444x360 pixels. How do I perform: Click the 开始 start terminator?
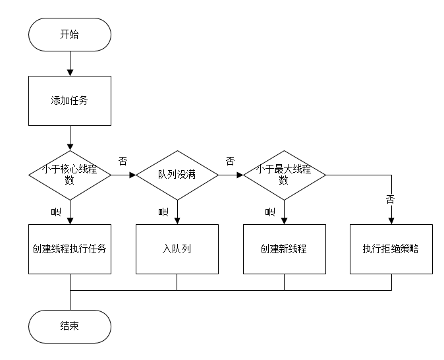pyautogui.click(x=70, y=34)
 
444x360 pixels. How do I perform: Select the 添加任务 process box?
pyautogui.click(x=70, y=101)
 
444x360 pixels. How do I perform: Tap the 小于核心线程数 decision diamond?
pyautogui.click(x=70, y=175)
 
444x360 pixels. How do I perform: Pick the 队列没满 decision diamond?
pyautogui.click(x=177, y=175)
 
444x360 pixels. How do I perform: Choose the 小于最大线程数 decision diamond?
pyautogui.click(x=285, y=175)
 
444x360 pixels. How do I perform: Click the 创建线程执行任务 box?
pyautogui.click(x=70, y=249)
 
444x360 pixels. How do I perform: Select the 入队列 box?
pyautogui.click(x=177, y=249)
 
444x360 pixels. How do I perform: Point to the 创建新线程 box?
pyautogui.click(x=285, y=249)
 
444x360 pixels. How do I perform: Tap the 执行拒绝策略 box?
pyautogui.click(x=391, y=249)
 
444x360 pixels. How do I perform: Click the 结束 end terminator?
pyautogui.click(x=70, y=326)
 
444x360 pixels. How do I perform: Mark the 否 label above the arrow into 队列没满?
pyautogui.click(x=123, y=162)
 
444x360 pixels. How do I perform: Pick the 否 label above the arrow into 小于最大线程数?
pyautogui.click(x=230, y=162)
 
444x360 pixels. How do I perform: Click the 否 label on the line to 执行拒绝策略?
pyautogui.click(x=390, y=200)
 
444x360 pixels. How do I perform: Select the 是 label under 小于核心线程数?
pyautogui.click(x=56, y=212)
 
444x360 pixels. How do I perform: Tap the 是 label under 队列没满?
pyautogui.click(x=163, y=212)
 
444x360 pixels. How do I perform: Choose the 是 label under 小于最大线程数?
pyautogui.click(x=270, y=212)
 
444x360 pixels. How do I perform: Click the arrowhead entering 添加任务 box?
pyautogui.click(x=70, y=73)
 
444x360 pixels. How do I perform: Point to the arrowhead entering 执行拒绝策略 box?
pyautogui.click(x=391, y=221)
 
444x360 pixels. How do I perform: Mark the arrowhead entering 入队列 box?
pyautogui.click(x=177, y=221)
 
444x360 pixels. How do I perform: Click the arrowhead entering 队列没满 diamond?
pyautogui.click(x=133, y=175)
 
